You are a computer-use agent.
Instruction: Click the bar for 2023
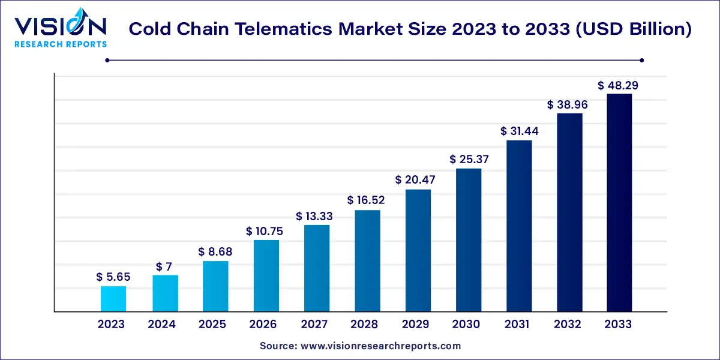[x=113, y=299]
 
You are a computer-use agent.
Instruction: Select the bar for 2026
[x=266, y=276]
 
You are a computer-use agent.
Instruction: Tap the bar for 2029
[x=418, y=251]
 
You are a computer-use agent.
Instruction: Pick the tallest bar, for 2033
[x=619, y=203]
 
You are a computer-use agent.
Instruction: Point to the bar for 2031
[x=519, y=226]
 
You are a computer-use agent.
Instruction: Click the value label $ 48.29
[x=618, y=86]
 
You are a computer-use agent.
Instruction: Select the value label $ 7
[x=164, y=266]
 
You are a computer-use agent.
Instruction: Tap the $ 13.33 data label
[x=315, y=216]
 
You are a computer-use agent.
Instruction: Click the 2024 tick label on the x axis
[x=162, y=325]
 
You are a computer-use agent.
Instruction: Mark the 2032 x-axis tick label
[x=568, y=325]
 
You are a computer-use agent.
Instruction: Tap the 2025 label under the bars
[x=212, y=325]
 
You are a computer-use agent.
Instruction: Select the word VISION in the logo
[x=60, y=26]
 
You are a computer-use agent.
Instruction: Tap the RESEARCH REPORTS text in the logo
[x=60, y=44]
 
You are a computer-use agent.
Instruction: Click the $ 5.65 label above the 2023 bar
[x=113, y=277]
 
